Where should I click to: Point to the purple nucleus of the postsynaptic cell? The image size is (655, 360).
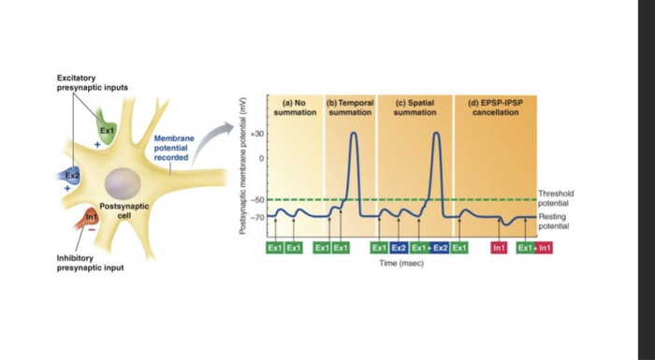(x=123, y=181)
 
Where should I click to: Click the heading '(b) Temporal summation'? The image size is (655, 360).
(x=351, y=108)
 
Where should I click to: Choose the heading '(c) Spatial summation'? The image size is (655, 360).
(x=415, y=108)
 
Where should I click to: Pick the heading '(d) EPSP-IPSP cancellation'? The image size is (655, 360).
(x=495, y=108)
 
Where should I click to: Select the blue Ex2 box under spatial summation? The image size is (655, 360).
(x=399, y=248)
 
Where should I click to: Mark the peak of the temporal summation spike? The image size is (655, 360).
(x=354, y=133)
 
